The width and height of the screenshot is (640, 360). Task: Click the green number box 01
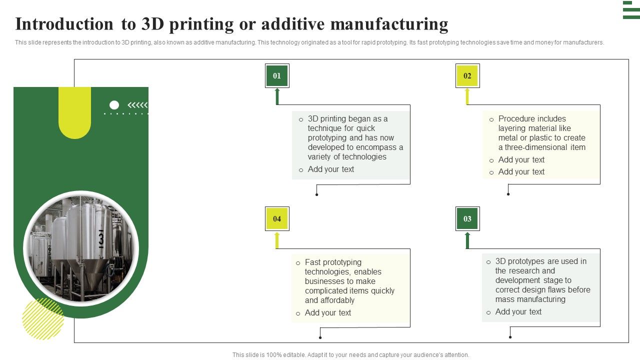click(x=277, y=76)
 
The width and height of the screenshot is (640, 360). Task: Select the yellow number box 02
click(x=467, y=76)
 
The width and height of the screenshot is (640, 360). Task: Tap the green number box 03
click(x=467, y=218)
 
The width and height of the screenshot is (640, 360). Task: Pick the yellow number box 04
click(x=277, y=218)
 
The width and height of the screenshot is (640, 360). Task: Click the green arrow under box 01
click(x=277, y=96)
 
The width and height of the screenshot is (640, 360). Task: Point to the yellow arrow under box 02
click(x=467, y=96)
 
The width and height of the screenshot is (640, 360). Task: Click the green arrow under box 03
click(x=467, y=240)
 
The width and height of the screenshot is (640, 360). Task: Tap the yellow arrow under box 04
click(x=277, y=240)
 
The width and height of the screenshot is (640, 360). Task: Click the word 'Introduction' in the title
click(x=64, y=24)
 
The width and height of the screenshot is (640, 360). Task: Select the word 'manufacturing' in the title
click(x=389, y=24)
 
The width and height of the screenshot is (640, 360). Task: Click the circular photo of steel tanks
click(x=80, y=248)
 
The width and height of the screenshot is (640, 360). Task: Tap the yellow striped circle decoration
click(x=43, y=319)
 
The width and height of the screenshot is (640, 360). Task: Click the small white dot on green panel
click(x=114, y=105)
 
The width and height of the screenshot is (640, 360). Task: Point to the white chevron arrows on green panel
click(x=137, y=105)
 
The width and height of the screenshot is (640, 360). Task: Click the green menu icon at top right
click(x=631, y=10)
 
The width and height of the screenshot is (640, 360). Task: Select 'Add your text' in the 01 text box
click(x=330, y=169)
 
